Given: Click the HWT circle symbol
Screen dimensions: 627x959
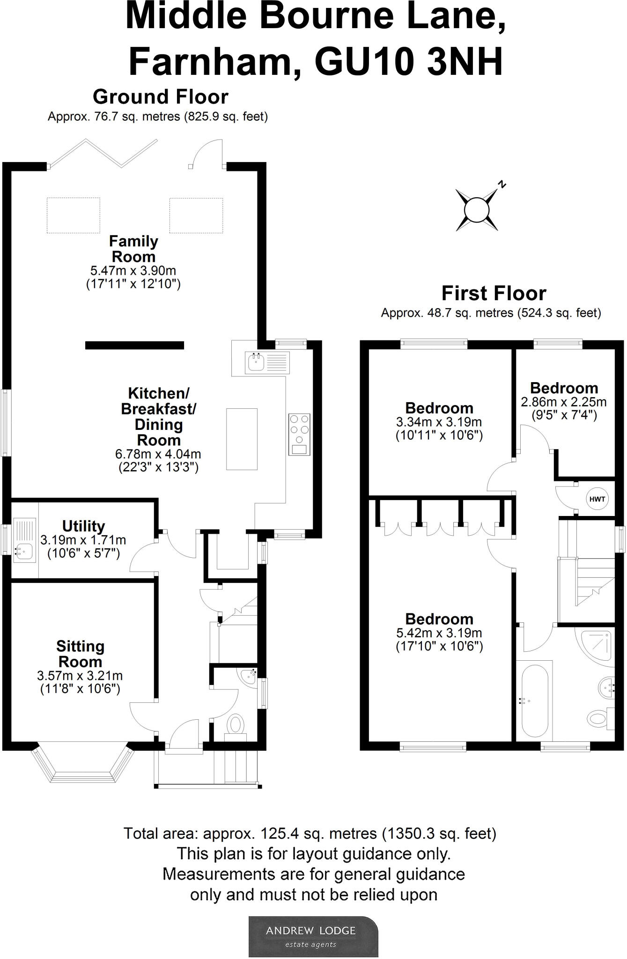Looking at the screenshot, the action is [x=597, y=499].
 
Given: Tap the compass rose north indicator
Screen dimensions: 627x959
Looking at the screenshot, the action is [x=502, y=184].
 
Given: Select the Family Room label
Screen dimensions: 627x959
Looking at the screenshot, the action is [x=133, y=249].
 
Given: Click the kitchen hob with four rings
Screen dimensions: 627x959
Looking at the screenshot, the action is [x=299, y=435].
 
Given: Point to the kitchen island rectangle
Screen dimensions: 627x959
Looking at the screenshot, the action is [x=242, y=439].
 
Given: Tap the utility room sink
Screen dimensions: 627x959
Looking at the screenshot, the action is [x=25, y=540].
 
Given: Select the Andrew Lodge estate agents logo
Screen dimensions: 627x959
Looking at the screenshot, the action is [x=313, y=937].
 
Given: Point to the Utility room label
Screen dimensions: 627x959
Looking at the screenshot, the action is [x=83, y=526].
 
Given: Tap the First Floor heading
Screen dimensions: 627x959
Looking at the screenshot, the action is [x=494, y=294].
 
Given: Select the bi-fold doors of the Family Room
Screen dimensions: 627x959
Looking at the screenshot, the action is [x=103, y=153].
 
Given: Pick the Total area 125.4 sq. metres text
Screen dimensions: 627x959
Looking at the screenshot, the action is [x=310, y=834].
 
